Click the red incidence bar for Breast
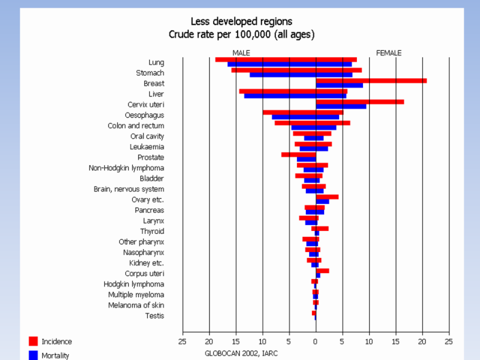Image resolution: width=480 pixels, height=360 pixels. (x=371, y=80)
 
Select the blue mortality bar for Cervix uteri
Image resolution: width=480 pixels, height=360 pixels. (x=341, y=107)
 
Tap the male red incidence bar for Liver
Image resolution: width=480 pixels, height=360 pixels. (x=277, y=91)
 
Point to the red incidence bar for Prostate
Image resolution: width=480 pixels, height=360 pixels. (x=298, y=155)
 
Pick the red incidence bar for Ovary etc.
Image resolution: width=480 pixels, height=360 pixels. (x=327, y=197)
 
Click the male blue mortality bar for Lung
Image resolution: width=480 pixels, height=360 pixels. (x=271, y=64)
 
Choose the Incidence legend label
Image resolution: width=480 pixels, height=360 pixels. (x=56, y=341)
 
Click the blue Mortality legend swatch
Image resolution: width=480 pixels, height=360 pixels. (x=34, y=355)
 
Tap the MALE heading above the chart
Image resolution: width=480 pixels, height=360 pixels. (x=241, y=53)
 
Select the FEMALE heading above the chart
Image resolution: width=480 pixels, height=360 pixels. (x=389, y=53)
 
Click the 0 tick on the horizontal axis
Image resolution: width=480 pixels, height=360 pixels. (x=316, y=342)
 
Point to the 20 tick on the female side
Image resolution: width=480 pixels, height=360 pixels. (x=422, y=342)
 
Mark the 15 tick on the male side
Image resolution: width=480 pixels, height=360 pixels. (x=236, y=342)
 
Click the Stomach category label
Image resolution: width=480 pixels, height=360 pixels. (x=150, y=73)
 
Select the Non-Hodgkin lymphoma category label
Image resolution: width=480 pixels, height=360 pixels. (x=127, y=168)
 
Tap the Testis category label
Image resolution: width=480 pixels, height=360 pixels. (x=154, y=316)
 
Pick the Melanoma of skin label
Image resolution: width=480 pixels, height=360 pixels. (x=136, y=305)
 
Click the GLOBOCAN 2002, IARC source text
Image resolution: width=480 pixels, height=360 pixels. (x=241, y=353)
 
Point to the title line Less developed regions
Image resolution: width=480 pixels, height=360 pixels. (x=242, y=22)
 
